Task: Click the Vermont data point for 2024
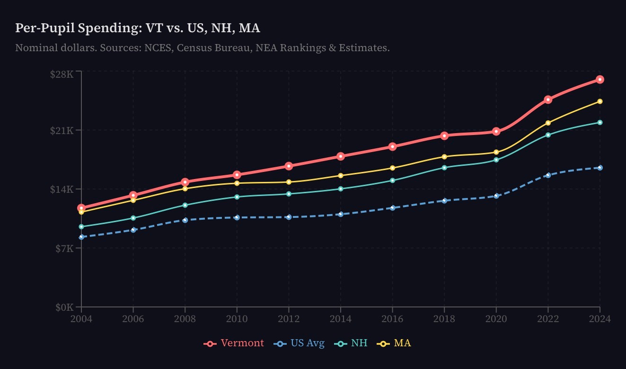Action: coord(600,79)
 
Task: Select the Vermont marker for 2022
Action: coord(548,99)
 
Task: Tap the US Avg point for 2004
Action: coord(81,237)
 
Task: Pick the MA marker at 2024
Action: coord(600,101)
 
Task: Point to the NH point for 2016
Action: coord(392,180)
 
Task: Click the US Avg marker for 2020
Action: coord(496,196)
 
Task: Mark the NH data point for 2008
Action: coord(185,205)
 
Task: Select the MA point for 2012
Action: coord(289,182)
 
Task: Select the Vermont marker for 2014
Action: coord(341,156)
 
